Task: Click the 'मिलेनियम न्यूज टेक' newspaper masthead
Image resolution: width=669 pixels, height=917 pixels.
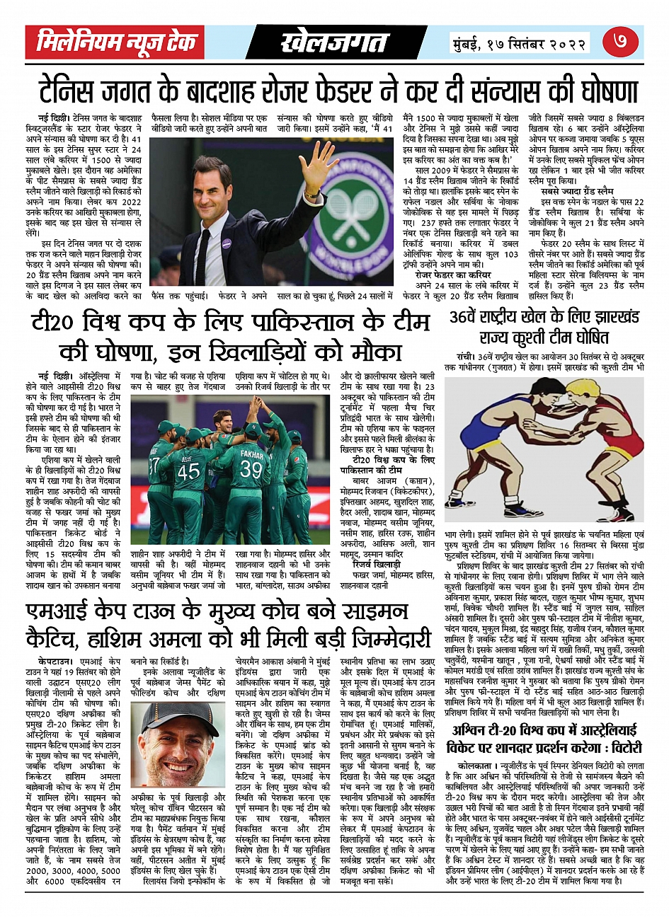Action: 116,42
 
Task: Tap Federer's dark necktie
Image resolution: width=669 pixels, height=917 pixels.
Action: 205,255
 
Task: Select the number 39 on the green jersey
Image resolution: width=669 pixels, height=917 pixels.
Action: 251,468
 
